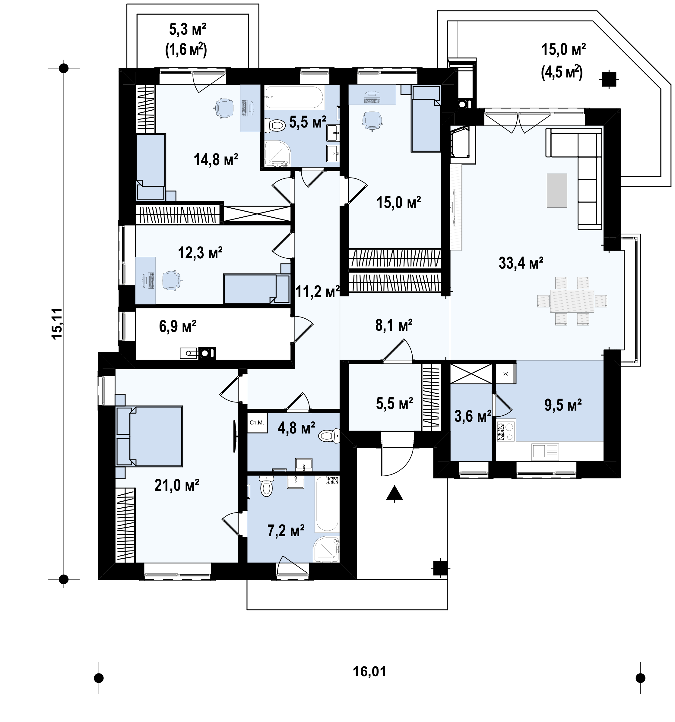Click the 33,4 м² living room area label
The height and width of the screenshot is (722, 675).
(x=521, y=263)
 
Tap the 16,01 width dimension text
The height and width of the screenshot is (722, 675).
(x=369, y=672)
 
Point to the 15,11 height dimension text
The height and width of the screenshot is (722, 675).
(x=57, y=323)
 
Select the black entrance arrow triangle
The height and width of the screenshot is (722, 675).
(x=395, y=494)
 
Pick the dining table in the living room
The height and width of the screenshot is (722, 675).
(x=572, y=301)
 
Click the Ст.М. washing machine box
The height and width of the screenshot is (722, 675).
(x=257, y=422)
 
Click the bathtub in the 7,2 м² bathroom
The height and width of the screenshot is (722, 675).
(x=327, y=504)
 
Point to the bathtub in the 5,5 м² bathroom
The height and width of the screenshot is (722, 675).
(x=294, y=97)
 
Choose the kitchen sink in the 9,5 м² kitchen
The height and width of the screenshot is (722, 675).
(x=545, y=452)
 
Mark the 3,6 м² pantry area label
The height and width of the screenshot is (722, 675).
(x=473, y=417)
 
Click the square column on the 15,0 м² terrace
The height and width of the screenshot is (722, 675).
(x=609, y=79)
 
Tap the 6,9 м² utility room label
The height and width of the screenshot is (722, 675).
(x=178, y=326)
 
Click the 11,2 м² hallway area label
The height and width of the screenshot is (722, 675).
(x=318, y=291)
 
